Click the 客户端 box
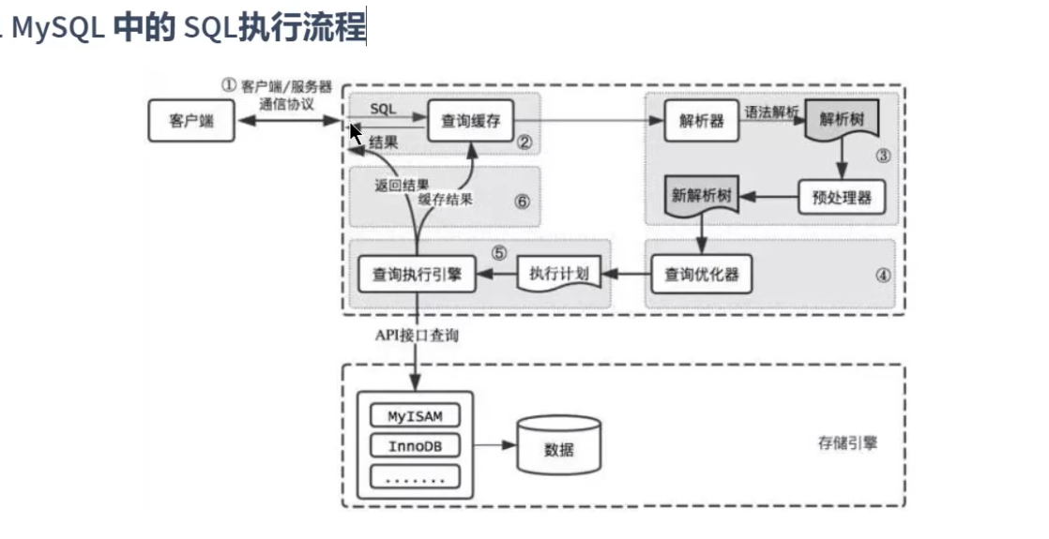tap(191, 121)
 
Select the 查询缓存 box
tap(470, 121)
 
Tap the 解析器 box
tap(701, 121)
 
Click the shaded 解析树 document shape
tap(842, 120)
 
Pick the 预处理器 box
tap(842, 197)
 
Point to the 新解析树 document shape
tap(701, 196)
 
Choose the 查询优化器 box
tap(701, 274)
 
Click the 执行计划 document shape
tap(559, 273)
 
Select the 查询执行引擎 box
tap(417, 274)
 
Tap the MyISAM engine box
tap(416, 416)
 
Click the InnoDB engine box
tap(416, 446)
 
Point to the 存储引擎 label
tap(847, 442)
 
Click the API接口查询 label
tap(417, 335)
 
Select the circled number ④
tap(883, 275)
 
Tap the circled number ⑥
tap(523, 201)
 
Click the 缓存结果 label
tap(446, 199)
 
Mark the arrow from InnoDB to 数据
tap(495, 444)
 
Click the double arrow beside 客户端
tap(289, 121)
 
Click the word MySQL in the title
tap(58, 27)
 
